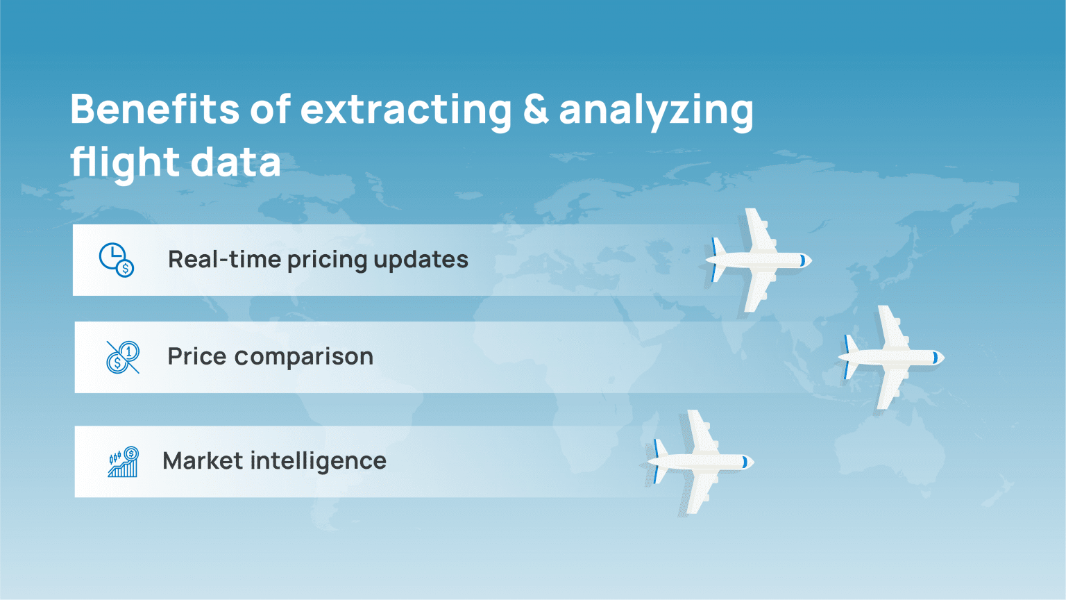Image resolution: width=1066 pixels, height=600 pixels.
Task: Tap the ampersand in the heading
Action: coord(535,109)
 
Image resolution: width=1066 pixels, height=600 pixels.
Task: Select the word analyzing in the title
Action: coord(656,111)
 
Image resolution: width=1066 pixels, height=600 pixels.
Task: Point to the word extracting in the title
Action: coord(406,110)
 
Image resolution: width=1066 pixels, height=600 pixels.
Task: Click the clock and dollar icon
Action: coord(116,260)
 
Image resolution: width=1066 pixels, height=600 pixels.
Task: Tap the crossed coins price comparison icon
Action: coord(123,357)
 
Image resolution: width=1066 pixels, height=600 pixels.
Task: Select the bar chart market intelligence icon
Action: coord(123,462)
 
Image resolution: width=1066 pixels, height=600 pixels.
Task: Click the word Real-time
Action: coord(223,260)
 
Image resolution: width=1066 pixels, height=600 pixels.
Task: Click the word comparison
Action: coord(304,357)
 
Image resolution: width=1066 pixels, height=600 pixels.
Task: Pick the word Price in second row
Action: coord(197,356)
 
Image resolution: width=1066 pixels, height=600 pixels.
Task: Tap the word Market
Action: coord(203,460)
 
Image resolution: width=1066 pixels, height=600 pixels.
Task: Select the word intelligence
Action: coord(318,462)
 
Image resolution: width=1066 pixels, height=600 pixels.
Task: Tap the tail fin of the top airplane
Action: coord(717,260)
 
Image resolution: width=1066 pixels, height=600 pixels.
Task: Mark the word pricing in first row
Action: coord(327,261)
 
